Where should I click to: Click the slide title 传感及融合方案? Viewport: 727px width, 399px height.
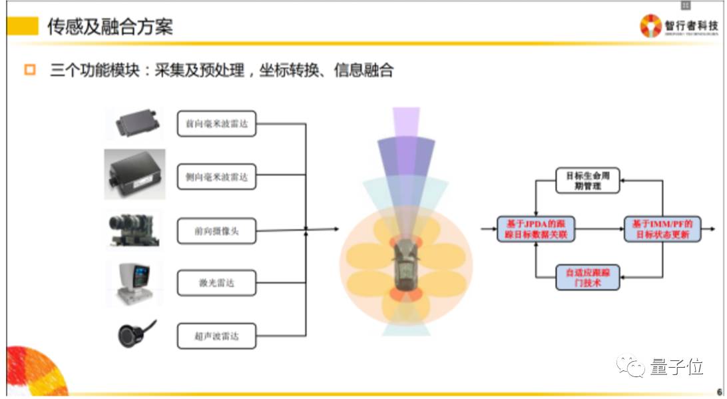[110, 27]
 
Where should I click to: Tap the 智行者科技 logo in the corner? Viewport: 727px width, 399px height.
[680, 26]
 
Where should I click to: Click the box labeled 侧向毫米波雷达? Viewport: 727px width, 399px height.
[217, 178]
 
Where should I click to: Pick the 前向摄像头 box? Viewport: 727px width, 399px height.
[217, 230]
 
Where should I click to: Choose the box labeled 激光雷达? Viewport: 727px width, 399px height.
[217, 283]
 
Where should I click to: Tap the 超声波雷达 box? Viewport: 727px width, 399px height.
[217, 336]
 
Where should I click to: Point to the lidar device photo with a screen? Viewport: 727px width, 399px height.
[134, 283]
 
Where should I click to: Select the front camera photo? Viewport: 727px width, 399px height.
[133, 230]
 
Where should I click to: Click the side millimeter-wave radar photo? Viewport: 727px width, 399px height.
[134, 175]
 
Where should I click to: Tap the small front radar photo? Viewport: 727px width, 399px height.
[136, 122]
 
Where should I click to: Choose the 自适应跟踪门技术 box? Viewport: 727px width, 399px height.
[588, 278]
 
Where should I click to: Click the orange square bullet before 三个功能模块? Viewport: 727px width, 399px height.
[29, 69]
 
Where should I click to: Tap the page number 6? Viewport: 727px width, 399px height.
[718, 392]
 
